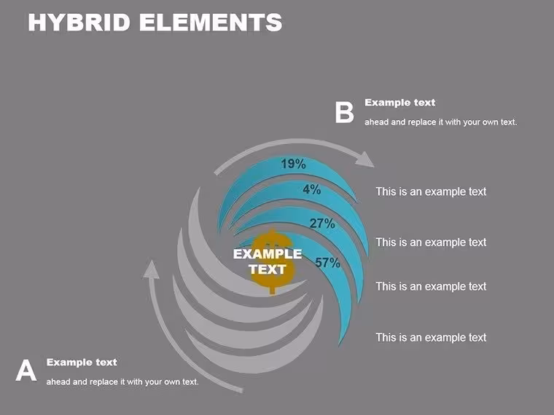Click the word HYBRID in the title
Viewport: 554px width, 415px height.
79,23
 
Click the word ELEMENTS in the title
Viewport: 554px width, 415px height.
211,23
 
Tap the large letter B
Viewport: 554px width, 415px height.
344,113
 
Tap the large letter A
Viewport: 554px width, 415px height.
26,370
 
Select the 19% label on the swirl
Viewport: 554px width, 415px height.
293,164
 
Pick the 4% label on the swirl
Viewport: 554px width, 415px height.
312,189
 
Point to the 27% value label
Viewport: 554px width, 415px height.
322,224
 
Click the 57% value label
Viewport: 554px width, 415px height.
327,263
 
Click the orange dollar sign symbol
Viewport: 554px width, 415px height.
272,261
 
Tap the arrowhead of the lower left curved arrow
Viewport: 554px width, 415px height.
151,269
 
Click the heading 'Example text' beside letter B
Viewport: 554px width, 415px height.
400,103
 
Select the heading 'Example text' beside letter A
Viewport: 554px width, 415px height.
82,363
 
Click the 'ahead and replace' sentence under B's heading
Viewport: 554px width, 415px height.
440,122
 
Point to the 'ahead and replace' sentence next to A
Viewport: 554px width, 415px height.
122,382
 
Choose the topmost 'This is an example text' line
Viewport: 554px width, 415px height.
431,191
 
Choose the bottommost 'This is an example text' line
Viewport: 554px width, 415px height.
431,337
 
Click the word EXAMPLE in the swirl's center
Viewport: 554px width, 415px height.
268,254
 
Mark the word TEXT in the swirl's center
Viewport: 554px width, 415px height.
268,269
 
